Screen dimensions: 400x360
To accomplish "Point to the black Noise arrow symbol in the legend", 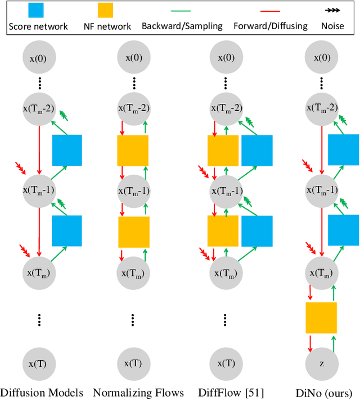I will pyautogui.click(x=332, y=11).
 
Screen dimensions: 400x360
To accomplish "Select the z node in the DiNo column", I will pyautogui.click(x=321, y=363).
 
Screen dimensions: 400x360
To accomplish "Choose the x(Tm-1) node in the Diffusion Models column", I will pyautogui.click(x=39, y=189).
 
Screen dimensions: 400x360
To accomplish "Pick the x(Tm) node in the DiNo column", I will pyautogui.click(x=321, y=272).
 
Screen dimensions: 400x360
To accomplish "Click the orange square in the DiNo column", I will pyautogui.click(x=321, y=317).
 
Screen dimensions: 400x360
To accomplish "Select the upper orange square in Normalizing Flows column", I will pyautogui.click(x=133, y=151).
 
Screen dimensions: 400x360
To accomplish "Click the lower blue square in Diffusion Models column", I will pyautogui.click(x=67, y=231).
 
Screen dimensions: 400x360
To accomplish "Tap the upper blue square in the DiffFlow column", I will pyautogui.click(x=257, y=151).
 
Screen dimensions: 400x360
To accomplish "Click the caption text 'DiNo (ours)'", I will pyautogui.click(x=325, y=392).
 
